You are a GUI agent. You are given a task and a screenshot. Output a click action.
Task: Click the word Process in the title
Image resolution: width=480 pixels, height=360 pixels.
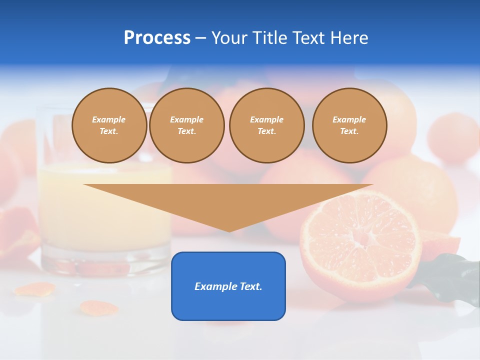157,38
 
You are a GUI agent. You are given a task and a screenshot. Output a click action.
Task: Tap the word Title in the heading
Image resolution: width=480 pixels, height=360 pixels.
270,38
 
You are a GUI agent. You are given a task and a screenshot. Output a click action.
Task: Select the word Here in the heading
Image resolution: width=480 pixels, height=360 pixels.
349,38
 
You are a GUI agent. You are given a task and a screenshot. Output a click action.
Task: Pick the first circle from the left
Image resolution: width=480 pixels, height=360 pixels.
109,125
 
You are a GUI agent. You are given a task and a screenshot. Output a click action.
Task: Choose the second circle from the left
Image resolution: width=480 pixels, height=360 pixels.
187,125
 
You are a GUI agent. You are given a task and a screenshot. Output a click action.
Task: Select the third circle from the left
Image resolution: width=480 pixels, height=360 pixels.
266,125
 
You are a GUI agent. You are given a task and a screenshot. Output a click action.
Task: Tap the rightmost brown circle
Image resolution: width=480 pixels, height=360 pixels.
349,125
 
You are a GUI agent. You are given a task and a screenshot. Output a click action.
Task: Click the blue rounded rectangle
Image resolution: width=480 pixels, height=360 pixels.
228,286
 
